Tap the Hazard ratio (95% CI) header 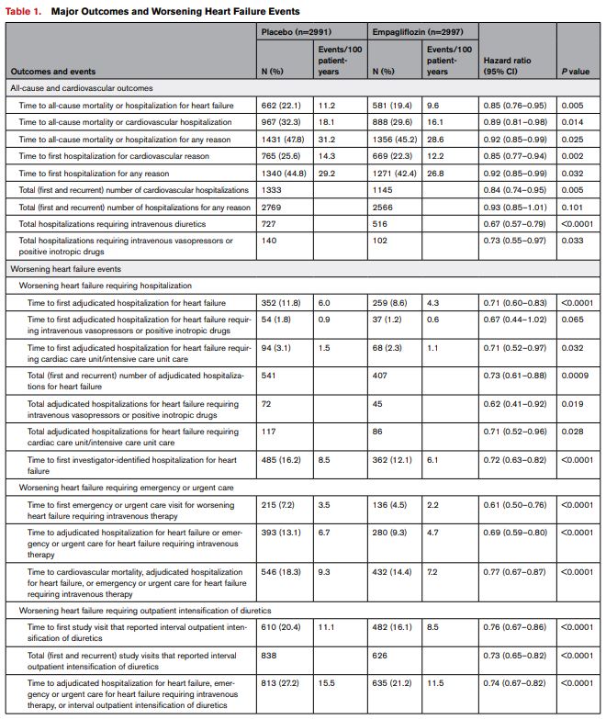(x=510, y=65)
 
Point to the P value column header (x=576, y=71)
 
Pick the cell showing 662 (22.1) (x=282, y=106)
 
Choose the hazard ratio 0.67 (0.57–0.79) (x=514, y=223)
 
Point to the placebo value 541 (x=272, y=376)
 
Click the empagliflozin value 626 (x=383, y=656)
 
